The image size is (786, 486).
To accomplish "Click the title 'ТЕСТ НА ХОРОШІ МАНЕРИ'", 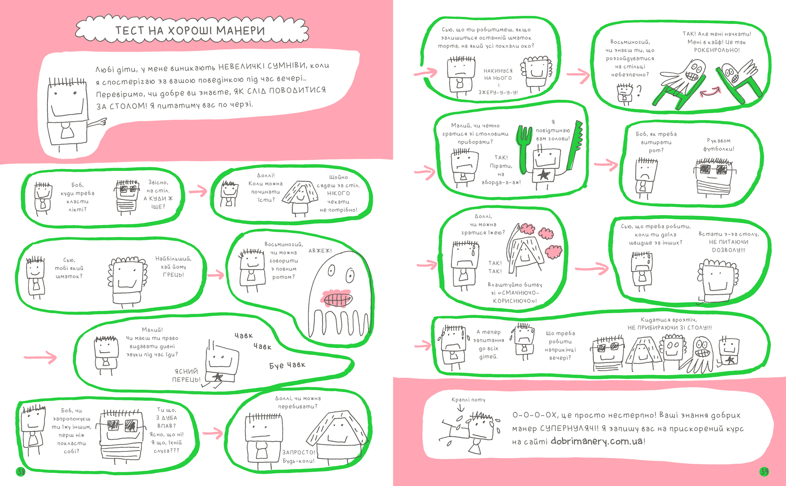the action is click(190, 30).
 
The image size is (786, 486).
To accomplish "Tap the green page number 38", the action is click(21, 471).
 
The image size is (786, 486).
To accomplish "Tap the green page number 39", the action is click(764, 471).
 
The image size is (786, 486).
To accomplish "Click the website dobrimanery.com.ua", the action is click(596, 441).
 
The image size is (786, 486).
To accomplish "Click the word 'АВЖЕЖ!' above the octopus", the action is click(320, 251).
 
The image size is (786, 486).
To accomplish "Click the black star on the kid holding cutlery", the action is click(543, 175).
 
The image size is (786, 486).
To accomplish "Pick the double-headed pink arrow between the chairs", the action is click(710, 91).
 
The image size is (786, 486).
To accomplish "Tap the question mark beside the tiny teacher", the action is click(639, 90).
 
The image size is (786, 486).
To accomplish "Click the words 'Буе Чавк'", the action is click(287, 365).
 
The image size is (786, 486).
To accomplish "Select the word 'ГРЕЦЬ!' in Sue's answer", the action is click(173, 275).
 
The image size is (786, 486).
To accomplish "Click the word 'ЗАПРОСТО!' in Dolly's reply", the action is click(299, 452).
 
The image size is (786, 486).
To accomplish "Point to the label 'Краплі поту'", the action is click(468, 399).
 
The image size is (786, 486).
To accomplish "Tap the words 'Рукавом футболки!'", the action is click(719, 145).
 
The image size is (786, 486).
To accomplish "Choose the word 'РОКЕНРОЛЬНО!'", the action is click(717, 50).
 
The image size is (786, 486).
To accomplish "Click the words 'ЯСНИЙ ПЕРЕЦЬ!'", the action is click(186, 375).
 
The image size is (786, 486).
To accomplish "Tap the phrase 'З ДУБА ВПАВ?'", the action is click(167, 421).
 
